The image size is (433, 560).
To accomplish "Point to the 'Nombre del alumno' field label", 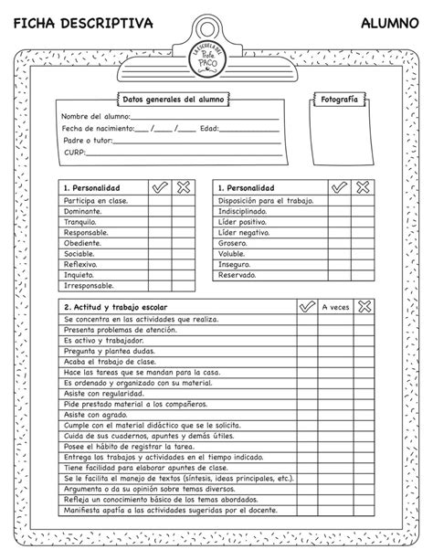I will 94,117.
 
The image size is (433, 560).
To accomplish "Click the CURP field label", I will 74,153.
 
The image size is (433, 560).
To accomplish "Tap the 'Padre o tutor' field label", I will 88,141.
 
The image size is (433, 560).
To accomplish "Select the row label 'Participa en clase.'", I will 95,199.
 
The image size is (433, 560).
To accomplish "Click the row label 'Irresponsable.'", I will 89,285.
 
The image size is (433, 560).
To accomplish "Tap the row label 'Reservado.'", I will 237,274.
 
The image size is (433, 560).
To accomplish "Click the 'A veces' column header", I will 335,307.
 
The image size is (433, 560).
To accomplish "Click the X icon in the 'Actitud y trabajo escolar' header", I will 365,307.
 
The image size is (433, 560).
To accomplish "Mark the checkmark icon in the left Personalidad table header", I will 160,186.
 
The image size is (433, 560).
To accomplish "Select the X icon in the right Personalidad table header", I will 363,186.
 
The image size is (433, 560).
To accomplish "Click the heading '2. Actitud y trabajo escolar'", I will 116,307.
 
